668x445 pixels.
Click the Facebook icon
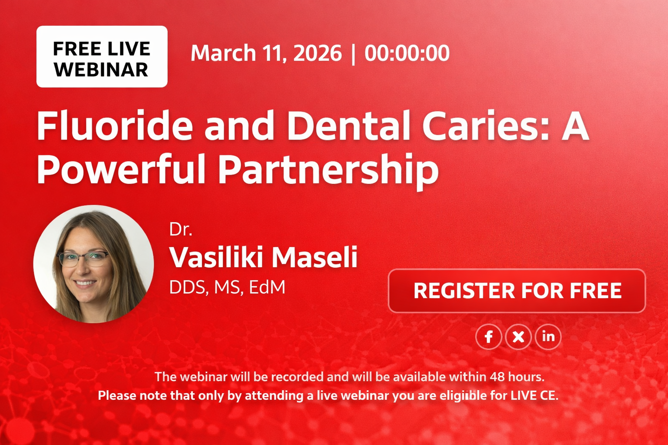pyautogui.click(x=488, y=337)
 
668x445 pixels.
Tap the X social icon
pyautogui.click(x=518, y=337)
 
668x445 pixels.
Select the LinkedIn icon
pyautogui.click(x=548, y=336)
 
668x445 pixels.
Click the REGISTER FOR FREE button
pyautogui.click(x=517, y=291)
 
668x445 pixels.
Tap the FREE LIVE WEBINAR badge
pyautogui.click(x=102, y=57)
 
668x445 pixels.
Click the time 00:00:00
pyautogui.click(x=407, y=53)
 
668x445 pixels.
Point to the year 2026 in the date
pyautogui.click(x=317, y=53)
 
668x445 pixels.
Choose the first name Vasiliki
pyautogui.click(x=216, y=257)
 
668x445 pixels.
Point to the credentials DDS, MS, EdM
pyautogui.click(x=227, y=287)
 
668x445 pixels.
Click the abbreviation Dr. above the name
pyautogui.click(x=180, y=229)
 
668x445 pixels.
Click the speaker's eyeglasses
pyautogui.click(x=83, y=259)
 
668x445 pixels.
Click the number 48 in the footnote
pyautogui.click(x=497, y=376)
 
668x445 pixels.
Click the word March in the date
pyautogui.click(x=223, y=53)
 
